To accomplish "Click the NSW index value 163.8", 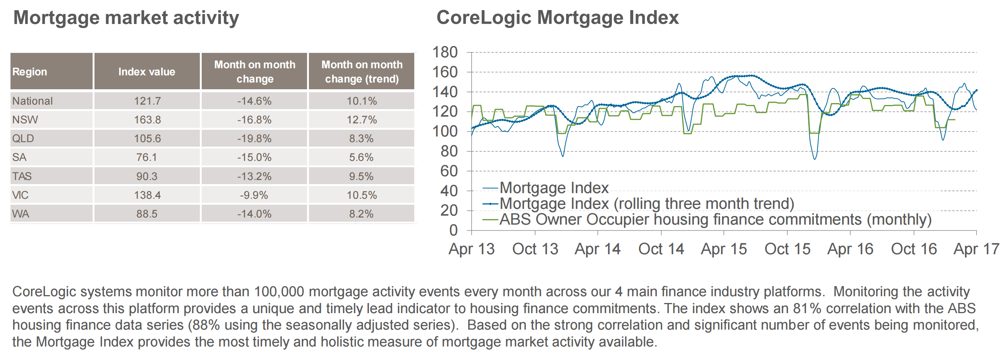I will point(147,120).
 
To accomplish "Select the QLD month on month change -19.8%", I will point(254,138).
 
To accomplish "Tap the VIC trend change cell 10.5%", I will point(361,195).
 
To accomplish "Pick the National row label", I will point(33,101).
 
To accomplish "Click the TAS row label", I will point(22,176).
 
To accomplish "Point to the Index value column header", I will point(147,72).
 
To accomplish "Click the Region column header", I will point(30,72).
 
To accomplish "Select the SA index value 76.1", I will point(147,157).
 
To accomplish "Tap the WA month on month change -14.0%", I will point(254,214).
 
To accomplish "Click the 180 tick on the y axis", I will point(445,52).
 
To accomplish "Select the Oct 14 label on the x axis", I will point(661,249).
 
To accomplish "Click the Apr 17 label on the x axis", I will point(976,249).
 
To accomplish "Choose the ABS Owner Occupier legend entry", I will point(715,220).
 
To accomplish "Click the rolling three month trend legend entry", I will point(647,204).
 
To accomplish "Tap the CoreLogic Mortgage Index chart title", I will point(557,18).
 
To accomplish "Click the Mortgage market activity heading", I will point(126,18).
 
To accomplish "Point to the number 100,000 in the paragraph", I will point(279,292).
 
